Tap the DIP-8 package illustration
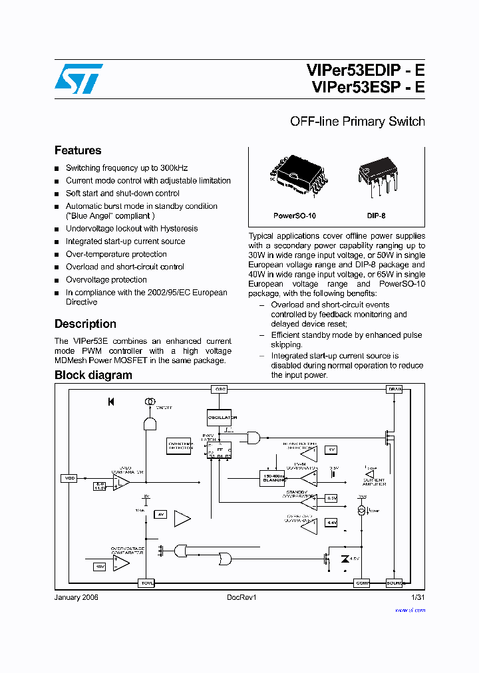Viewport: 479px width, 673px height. [376, 176]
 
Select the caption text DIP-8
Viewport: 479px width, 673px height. [376, 216]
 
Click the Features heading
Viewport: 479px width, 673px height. [78, 150]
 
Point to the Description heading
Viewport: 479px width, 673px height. [85, 324]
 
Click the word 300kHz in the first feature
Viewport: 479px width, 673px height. [174, 168]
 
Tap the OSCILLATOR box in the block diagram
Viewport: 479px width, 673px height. [222, 418]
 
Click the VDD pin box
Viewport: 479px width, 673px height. [69, 478]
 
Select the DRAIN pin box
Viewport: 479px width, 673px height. [395, 389]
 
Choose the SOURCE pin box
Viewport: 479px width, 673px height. [395, 583]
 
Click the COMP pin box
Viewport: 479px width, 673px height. [362, 583]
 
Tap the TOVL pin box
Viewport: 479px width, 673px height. [146, 583]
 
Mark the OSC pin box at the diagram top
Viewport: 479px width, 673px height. [220, 389]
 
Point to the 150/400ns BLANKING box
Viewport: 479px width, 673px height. [272, 477]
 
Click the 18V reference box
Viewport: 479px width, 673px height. [99, 566]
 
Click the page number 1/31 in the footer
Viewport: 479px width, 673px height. [418, 598]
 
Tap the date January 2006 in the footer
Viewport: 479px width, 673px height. [76, 598]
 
